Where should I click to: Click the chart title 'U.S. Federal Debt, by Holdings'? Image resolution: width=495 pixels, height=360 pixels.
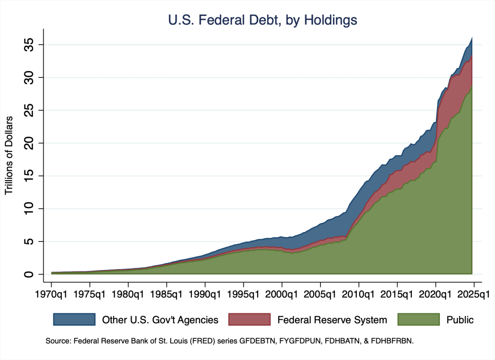(x=262, y=20)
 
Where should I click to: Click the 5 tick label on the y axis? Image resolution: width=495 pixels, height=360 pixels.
(x=29, y=241)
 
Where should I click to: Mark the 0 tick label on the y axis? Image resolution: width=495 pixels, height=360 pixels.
(x=29, y=274)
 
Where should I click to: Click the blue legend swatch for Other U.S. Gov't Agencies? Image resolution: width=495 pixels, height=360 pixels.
(x=74, y=319)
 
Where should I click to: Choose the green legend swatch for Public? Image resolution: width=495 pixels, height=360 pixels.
(x=418, y=319)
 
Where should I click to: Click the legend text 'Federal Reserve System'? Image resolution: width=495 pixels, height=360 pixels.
(x=332, y=320)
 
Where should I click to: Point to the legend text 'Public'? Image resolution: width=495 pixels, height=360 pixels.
(x=460, y=320)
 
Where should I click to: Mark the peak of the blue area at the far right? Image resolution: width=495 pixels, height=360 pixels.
(x=472, y=37)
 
